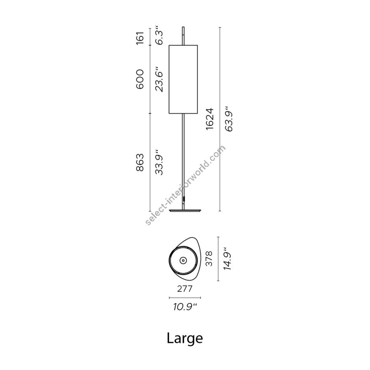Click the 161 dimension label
tap(140, 38)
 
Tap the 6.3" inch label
tap(159, 37)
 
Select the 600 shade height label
tap(140, 79)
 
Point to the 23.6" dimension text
tap(159, 79)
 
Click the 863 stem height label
tap(140, 162)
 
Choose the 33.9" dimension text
tap(159, 162)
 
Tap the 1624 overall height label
tap(210, 119)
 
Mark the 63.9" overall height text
tap(229, 119)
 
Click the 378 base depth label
tap(209, 259)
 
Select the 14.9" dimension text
tap(227, 259)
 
